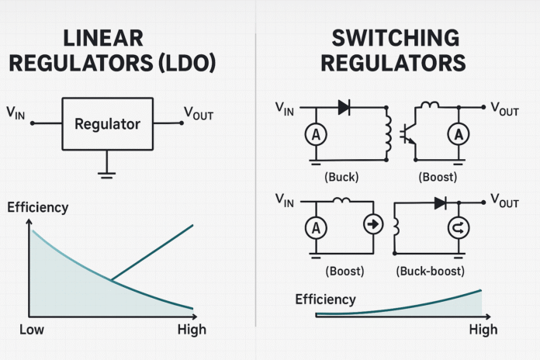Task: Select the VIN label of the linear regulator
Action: tap(15, 114)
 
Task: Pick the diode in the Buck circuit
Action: tap(344, 108)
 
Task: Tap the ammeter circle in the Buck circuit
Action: tap(317, 134)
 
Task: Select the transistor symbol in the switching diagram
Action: tap(407, 133)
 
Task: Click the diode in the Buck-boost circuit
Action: tap(441, 202)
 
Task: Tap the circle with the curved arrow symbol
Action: tap(458, 227)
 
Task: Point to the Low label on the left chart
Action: tap(32, 330)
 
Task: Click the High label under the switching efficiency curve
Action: tap(482, 330)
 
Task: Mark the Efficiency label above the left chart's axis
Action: tap(37, 207)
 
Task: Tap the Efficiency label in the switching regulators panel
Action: tap(325, 299)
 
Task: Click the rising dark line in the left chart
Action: tap(155, 250)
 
